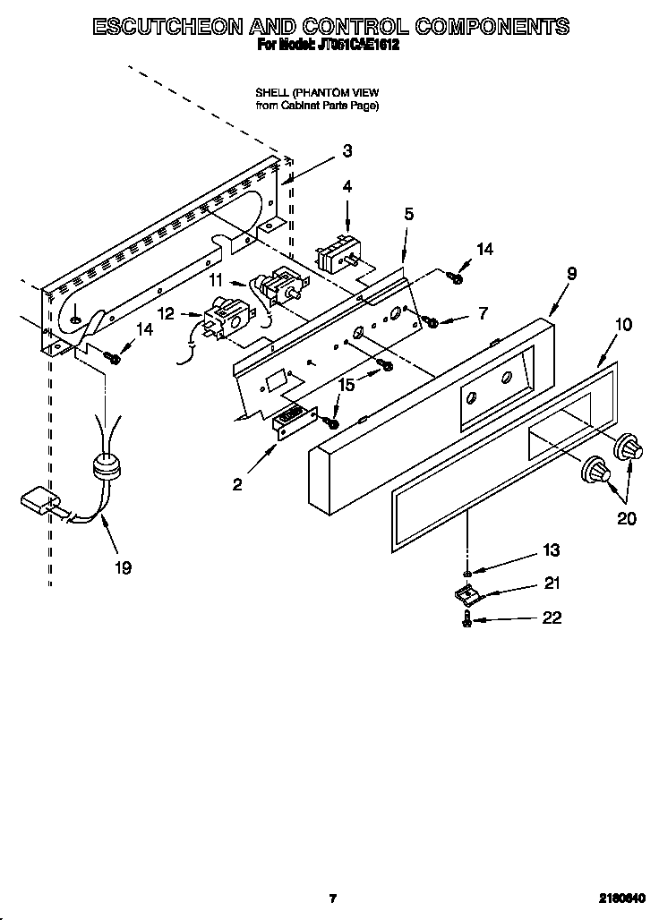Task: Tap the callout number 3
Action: (x=347, y=151)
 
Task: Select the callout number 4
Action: (x=347, y=187)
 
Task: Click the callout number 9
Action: (x=571, y=274)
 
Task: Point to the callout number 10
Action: (x=624, y=324)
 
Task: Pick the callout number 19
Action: (x=124, y=566)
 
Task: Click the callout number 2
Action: (x=237, y=484)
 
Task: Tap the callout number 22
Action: (x=552, y=618)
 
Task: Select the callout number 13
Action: (x=552, y=551)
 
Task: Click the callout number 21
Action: (x=552, y=584)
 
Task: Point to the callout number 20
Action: (x=626, y=518)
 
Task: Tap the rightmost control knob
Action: (x=629, y=447)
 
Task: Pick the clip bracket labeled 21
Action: (x=464, y=592)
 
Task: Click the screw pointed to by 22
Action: (x=467, y=619)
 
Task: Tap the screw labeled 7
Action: (x=432, y=320)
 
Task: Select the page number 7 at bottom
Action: (x=332, y=898)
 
